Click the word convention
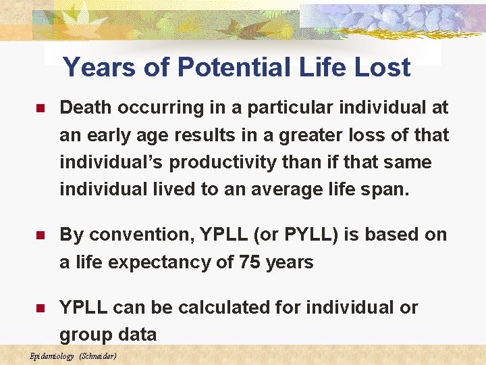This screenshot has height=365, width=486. tap(136, 235)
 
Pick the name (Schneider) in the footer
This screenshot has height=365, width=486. tap(98, 356)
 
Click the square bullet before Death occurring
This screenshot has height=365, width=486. tap(40, 108)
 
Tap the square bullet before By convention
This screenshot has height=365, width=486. tap(40, 235)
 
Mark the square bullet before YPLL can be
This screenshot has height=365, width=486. tap(40, 308)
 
